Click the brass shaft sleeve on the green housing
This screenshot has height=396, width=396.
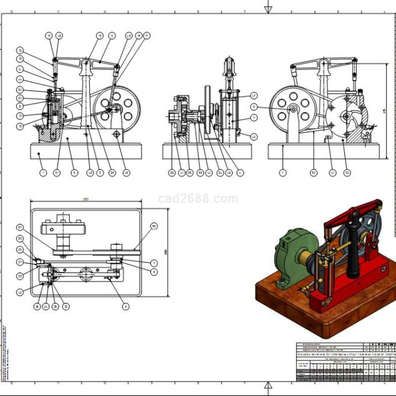coord(308,258)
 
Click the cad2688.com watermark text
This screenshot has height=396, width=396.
coord(198,199)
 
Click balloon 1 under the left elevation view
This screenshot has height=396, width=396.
coord(43,172)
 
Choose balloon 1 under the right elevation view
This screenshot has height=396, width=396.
coord(283,172)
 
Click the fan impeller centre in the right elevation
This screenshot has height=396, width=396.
coord(346,116)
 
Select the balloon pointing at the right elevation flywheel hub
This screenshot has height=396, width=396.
coord(254,107)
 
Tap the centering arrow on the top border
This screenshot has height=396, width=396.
coord(268,8)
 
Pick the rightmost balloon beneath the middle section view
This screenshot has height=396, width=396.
coord(240,172)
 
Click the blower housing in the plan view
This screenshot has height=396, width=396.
coord(64,231)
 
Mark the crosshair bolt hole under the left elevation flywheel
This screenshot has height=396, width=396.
coord(117,134)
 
